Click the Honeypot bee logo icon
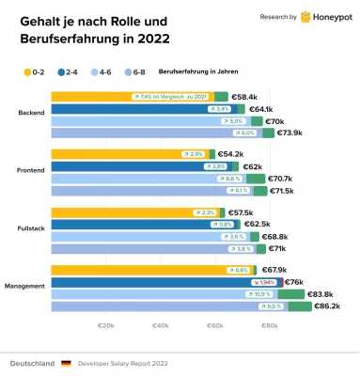pyautogui.click(x=306, y=17)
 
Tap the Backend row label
pyautogui.click(x=30, y=115)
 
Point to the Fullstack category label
pyautogui.click(x=30, y=229)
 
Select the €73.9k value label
pyautogui.click(x=290, y=133)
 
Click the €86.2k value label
pyautogui.click(x=326, y=306)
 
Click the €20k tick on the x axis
pyautogui.click(x=105, y=327)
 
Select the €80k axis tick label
pyautogui.click(x=269, y=327)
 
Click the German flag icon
pyautogui.click(x=66, y=362)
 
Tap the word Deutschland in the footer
pyautogui.click(x=31, y=362)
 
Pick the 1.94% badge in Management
pyautogui.click(x=266, y=282)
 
